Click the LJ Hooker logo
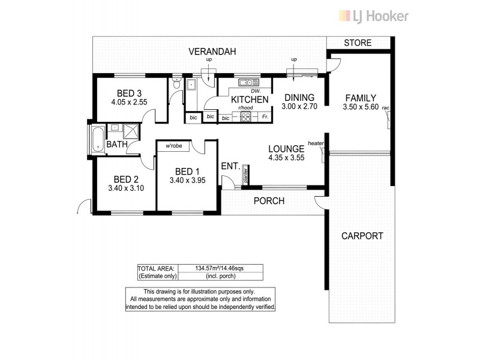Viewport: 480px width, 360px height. [374, 16]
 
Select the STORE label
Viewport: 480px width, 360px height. [358, 43]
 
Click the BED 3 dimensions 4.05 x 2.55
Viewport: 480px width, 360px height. [129, 102]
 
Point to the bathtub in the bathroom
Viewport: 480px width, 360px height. [97, 139]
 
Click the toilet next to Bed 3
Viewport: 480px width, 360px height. [175, 86]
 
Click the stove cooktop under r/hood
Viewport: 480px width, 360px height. [245, 117]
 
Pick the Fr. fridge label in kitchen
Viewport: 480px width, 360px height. [265, 118]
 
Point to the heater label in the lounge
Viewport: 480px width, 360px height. [316, 143]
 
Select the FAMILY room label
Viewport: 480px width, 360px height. [360, 98]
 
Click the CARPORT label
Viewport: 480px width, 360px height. [362, 236]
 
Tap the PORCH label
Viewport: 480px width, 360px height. [269, 201]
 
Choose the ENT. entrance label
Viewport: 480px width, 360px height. [230, 166]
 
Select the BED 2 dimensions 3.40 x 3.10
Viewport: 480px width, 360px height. [127, 188]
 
